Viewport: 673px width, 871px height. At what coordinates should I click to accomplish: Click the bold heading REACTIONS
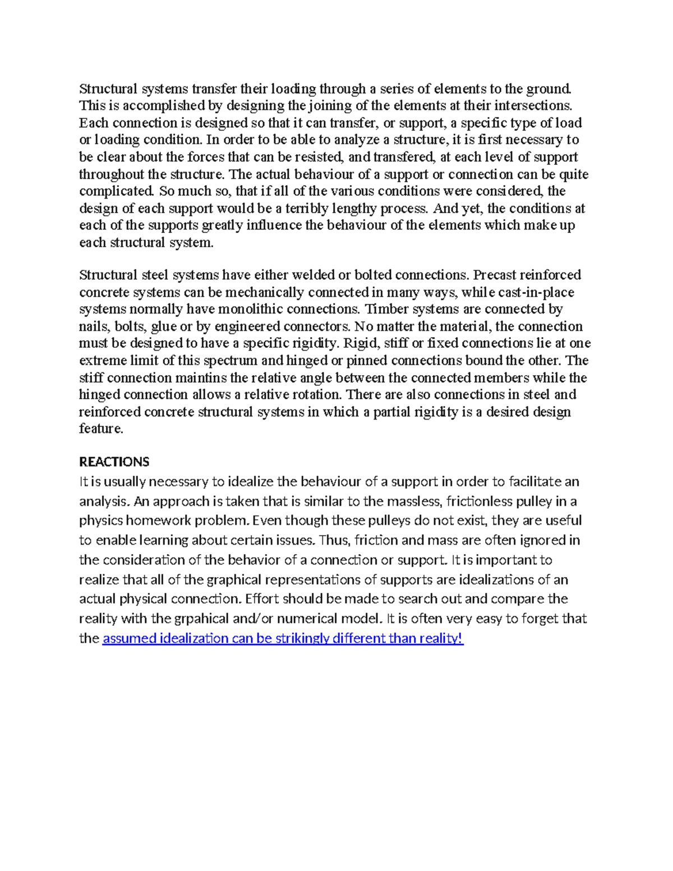[x=114, y=462]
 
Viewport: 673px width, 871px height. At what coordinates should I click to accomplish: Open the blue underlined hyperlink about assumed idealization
[x=283, y=638]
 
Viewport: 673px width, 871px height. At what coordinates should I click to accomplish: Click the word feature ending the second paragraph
[x=100, y=428]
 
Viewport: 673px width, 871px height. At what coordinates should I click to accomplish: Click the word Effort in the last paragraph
[x=262, y=599]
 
